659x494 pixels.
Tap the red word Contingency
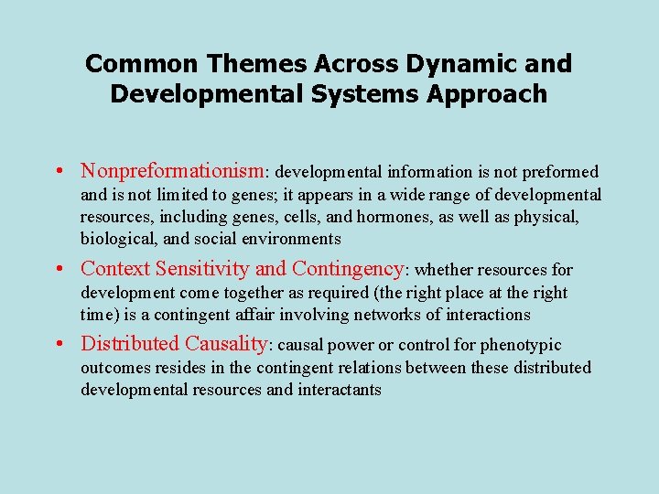347,269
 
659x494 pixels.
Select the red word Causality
226,344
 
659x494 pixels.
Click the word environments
294,239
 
